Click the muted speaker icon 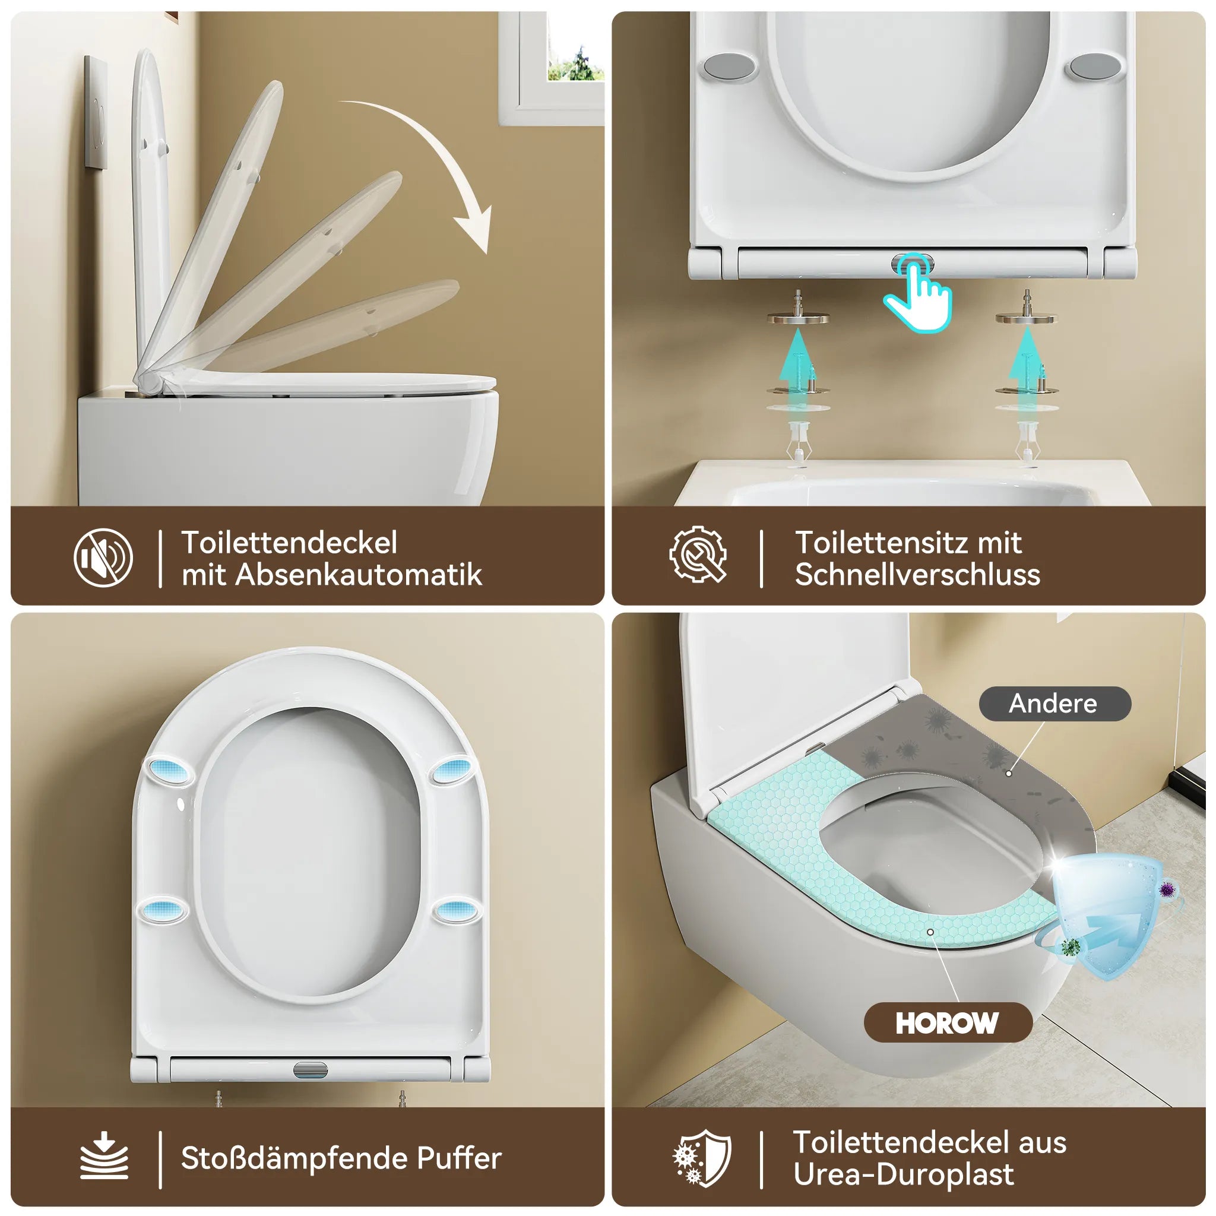(x=103, y=558)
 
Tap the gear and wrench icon (x=698, y=555)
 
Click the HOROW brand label (x=947, y=1023)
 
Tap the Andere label (x=1055, y=704)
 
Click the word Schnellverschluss (x=917, y=575)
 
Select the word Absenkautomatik (x=359, y=575)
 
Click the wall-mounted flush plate (x=96, y=112)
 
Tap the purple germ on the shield (x=1166, y=889)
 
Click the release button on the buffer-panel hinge (x=311, y=1069)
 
